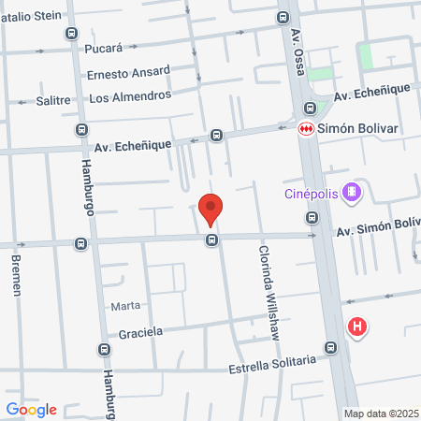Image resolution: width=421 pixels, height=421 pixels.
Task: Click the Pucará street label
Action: [104, 46]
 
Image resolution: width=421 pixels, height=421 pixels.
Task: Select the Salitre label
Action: [53, 99]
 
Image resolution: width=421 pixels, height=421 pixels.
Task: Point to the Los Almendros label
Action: [130, 96]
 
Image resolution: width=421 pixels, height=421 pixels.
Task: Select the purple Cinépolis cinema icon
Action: [351, 194]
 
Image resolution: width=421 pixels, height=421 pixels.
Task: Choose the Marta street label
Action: [125, 306]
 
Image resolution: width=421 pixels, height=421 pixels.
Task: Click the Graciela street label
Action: [141, 332]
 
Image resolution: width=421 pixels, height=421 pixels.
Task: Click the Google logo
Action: [31, 409]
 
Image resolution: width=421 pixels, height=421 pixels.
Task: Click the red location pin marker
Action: [211, 209]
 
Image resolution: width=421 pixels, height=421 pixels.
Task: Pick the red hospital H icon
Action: [356, 327]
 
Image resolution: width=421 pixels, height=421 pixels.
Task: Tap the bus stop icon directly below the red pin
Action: [213, 241]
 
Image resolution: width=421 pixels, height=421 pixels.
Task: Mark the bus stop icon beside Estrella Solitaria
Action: [329, 348]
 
